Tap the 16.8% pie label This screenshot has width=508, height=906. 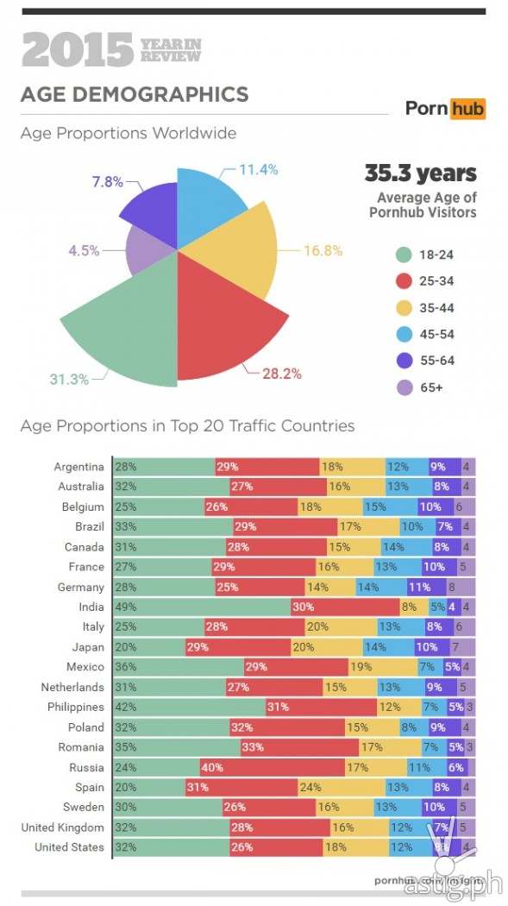pyautogui.click(x=323, y=251)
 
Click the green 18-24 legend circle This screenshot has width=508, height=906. pyautogui.click(x=403, y=254)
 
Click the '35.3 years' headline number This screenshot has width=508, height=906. pyautogui.click(x=420, y=173)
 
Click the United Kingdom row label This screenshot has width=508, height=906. pyautogui.click(x=64, y=827)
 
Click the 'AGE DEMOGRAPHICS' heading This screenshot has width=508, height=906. pyautogui.click(x=134, y=94)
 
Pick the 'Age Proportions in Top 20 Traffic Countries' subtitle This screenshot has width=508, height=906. pyautogui.click(x=187, y=425)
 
